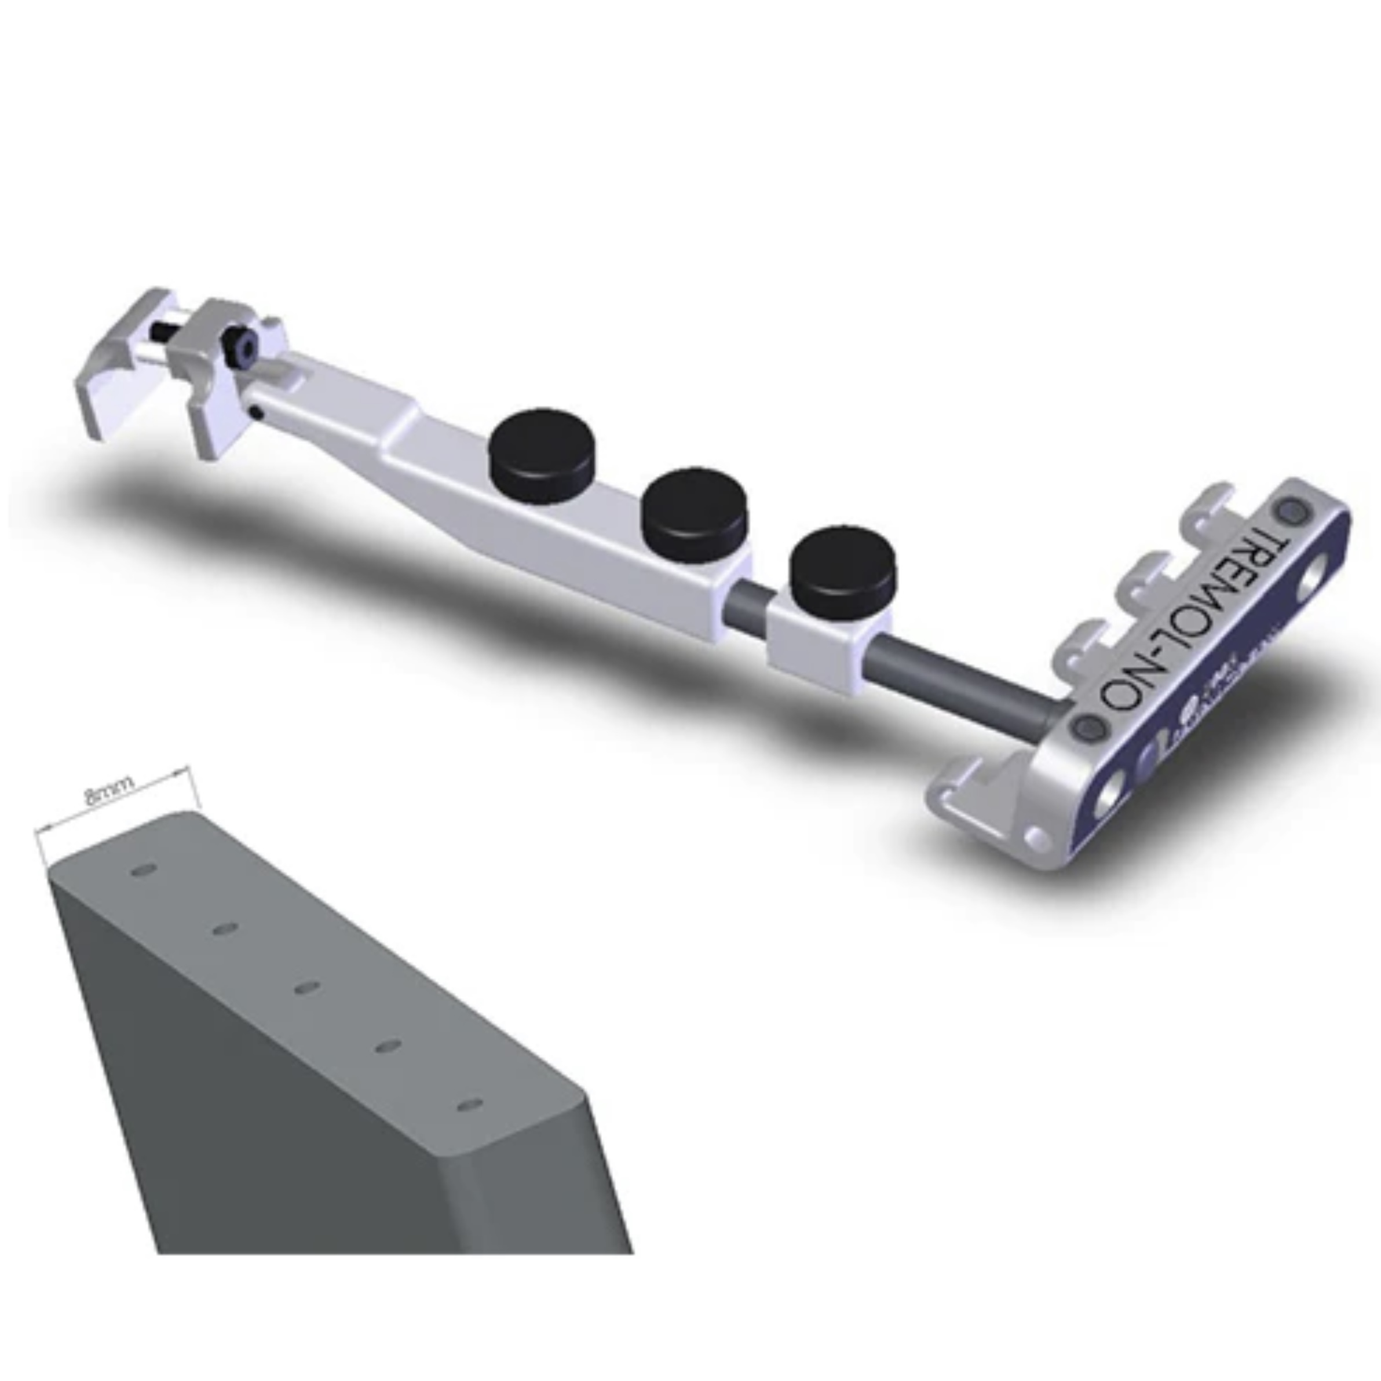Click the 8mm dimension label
click(x=109, y=792)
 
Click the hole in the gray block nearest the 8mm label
click(x=144, y=871)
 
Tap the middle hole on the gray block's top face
click(x=306, y=988)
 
